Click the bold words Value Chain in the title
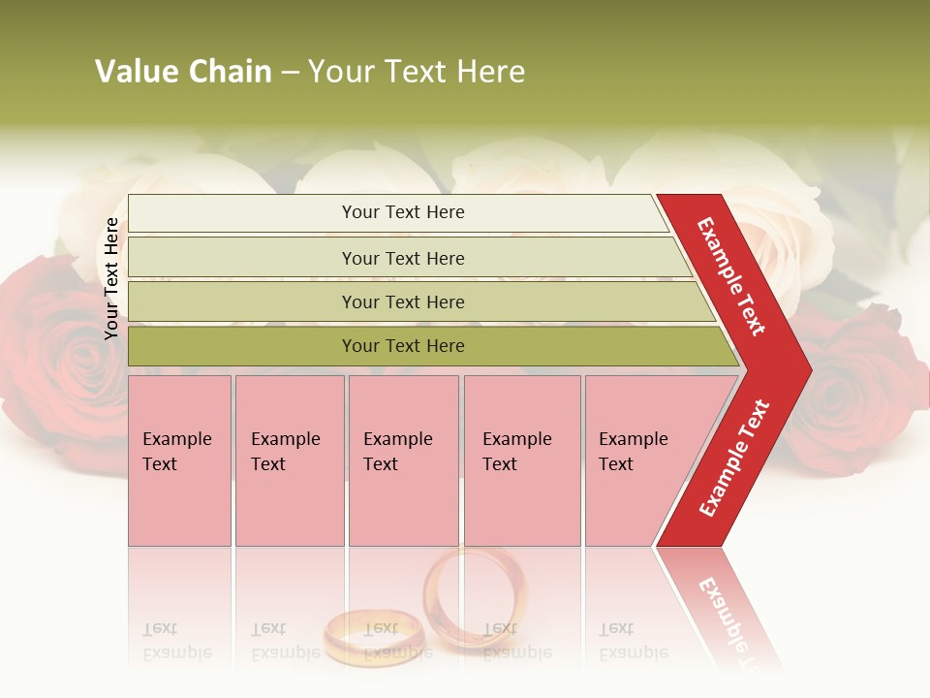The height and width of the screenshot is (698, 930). coord(183,72)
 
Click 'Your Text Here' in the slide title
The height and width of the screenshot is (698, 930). coord(417,72)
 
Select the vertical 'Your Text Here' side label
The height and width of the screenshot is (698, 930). coord(111,278)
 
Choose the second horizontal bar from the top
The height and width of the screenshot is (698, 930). coord(402,258)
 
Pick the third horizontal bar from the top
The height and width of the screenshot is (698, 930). coord(402,301)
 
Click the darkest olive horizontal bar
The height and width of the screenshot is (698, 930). coord(402,346)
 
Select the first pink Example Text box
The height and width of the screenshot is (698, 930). coord(179,460)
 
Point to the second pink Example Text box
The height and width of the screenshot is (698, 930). coord(289,460)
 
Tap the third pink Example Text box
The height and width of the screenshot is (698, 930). coord(403,460)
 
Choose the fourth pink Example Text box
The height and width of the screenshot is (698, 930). coord(522,460)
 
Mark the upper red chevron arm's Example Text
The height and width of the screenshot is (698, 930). coord(732,276)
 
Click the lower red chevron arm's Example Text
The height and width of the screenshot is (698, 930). coord(734,458)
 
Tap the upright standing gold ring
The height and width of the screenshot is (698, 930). coord(475,596)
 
